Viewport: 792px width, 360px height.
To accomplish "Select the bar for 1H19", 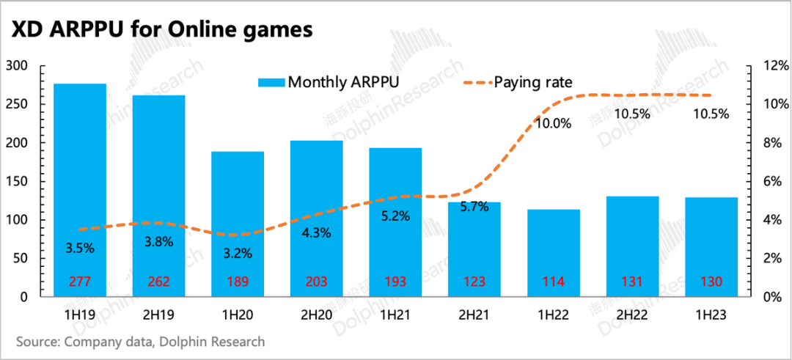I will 80,190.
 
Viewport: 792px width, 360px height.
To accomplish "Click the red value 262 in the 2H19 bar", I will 158,282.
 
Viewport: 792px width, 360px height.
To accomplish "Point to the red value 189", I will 238,282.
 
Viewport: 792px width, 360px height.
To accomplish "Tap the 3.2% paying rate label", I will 237,254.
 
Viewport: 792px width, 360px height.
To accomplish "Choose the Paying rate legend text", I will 533,82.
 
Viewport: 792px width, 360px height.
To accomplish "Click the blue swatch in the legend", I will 271,82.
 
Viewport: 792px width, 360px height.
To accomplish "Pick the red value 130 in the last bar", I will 711,282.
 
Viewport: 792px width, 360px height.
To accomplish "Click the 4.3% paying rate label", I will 316,233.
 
